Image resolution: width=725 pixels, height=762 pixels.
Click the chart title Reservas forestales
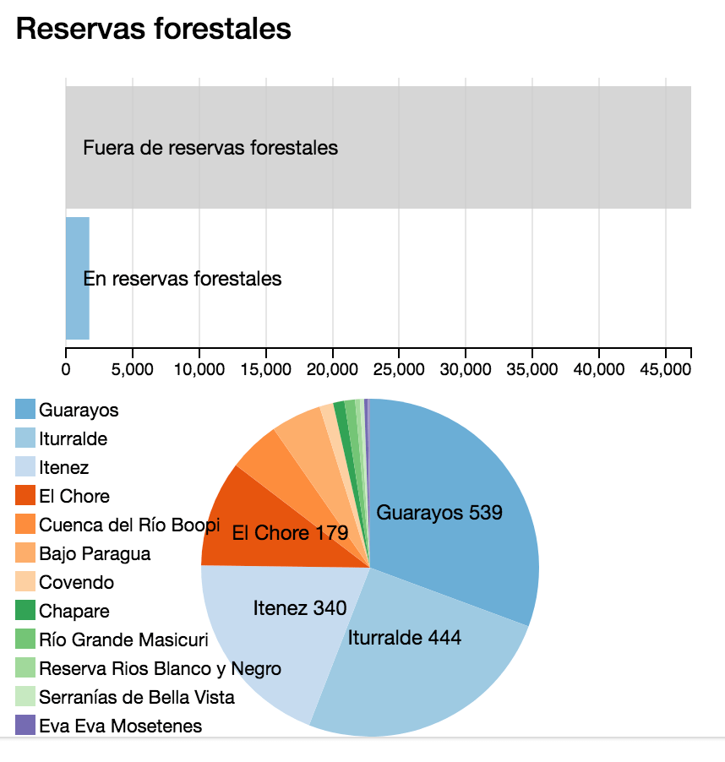tap(154, 30)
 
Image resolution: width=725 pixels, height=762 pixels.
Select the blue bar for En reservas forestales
tap(77, 278)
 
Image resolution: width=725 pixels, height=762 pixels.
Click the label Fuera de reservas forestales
tap(210, 148)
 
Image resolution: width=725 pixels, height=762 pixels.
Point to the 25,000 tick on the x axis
tap(399, 369)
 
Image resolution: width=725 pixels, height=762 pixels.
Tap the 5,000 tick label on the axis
tap(132, 369)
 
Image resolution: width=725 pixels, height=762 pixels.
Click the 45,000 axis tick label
tap(665, 369)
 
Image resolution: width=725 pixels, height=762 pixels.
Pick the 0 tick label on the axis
tap(66, 369)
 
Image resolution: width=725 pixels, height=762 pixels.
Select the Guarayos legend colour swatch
tap(25, 410)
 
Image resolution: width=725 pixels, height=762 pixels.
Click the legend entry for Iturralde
tap(73, 438)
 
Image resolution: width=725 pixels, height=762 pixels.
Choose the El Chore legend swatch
tap(25, 496)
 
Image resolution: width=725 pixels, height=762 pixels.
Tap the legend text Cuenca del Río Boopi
tap(129, 525)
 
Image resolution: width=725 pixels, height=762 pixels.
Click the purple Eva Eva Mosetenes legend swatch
tap(25, 726)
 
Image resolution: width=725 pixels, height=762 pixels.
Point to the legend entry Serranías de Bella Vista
tap(136, 697)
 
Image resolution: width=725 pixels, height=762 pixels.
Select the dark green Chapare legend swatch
tap(25, 611)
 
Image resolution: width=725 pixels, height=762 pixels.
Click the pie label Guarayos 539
tap(439, 512)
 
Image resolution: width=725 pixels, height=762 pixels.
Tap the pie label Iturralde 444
tap(405, 637)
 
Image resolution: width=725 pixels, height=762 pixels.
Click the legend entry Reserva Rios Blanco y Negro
tap(160, 668)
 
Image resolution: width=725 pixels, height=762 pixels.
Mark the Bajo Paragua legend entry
tap(95, 553)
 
